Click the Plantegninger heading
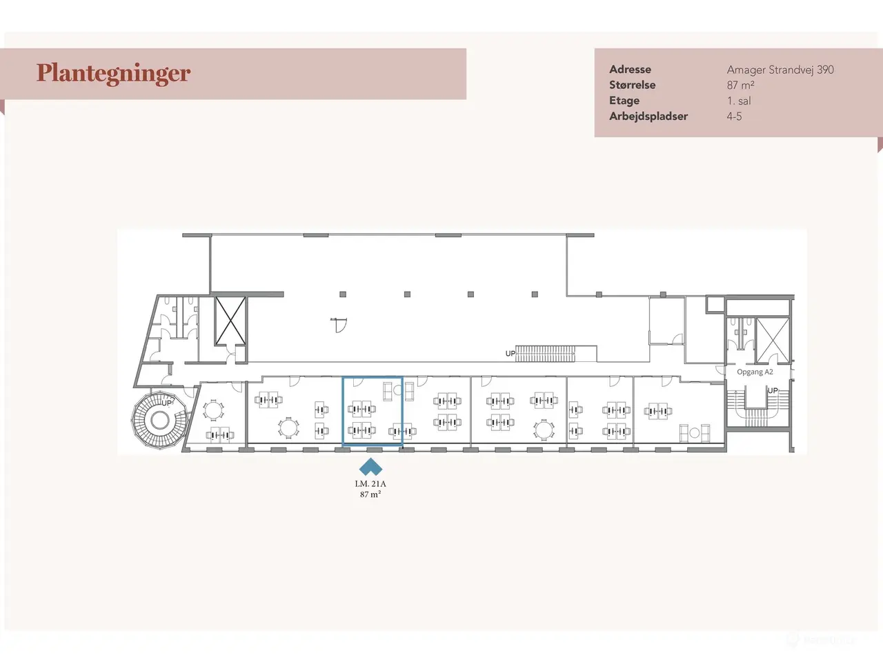(x=113, y=74)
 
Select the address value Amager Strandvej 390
(x=780, y=70)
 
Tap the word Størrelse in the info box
(x=632, y=86)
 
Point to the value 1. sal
(x=739, y=101)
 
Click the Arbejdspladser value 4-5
(x=734, y=117)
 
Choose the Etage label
(x=624, y=101)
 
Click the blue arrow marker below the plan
(x=370, y=467)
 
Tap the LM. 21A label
(x=370, y=483)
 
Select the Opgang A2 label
(x=755, y=372)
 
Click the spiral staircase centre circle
(x=160, y=421)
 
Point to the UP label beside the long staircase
(x=510, y=353)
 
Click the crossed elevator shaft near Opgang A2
(x=773, y=340)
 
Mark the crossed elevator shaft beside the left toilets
(x=230, y=321)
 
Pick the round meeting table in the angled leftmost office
(x=213, y=410)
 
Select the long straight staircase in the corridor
(x=545, y=353)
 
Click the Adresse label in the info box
(x=630, y=69)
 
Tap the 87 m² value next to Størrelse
(x=740, y=86)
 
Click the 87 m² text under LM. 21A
(x=370, y=494)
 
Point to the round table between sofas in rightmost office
(x=695, y=433)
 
